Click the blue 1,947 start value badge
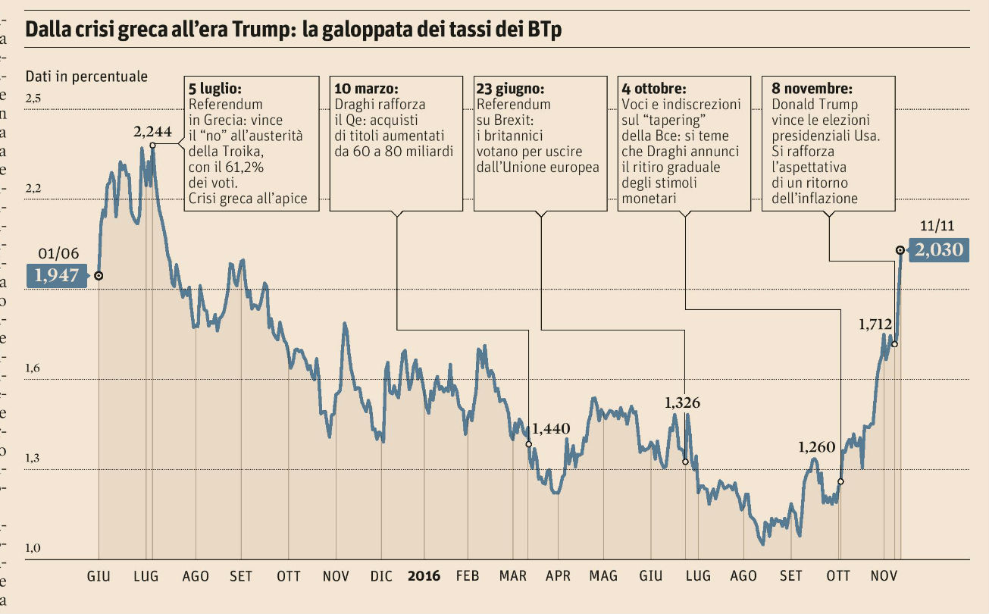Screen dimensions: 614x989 tap(57, 276)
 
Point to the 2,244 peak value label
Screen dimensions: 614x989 tap(153, 132)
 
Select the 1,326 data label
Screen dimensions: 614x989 tap(682, 403)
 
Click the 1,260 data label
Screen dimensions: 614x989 tap(816, 447)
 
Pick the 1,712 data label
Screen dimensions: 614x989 tap(875, 324)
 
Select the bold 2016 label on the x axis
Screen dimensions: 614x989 tap(424, 576)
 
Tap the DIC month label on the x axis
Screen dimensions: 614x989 tap(381, 576)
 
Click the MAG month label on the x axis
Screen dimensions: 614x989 tap(603, 576)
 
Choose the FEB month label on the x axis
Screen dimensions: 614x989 tap(468, 576)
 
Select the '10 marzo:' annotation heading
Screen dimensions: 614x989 tap(366, 88)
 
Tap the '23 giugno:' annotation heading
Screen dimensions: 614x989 tap(510, 88)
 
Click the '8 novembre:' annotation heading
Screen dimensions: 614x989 tap(811, 88)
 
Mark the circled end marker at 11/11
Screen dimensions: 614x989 tap(900, 249)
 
